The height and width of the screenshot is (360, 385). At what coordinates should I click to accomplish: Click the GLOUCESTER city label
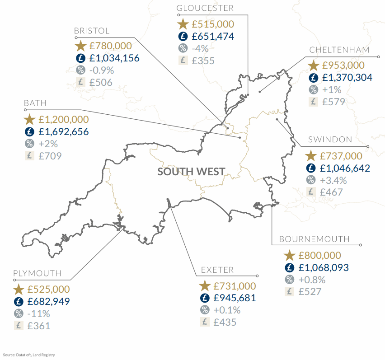pos(205,8)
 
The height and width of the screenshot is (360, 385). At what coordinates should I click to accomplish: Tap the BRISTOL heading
pos(92,31)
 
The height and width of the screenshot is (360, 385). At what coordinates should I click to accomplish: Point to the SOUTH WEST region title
pos(191,172)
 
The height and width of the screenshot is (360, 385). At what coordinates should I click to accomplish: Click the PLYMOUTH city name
pos(37,273)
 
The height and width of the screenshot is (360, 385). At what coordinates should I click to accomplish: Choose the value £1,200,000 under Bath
pos(64,120)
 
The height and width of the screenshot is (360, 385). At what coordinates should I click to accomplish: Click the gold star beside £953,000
pos(313,65)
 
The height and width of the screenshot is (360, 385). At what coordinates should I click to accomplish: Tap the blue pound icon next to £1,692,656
pos(29,132)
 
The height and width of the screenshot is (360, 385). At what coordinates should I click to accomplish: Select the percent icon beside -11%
pos(19,314)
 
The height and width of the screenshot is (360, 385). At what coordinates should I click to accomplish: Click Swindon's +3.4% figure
pos(333,180)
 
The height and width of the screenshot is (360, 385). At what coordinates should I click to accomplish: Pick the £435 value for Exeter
pos(225,322)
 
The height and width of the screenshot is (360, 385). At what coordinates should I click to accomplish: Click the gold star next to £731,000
pos(205,286)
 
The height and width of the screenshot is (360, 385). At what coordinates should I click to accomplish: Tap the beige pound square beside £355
pos(183,61)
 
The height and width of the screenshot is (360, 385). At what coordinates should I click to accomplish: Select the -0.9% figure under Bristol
pos(101,70)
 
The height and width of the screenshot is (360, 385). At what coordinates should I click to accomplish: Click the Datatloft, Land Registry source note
pos(29,355)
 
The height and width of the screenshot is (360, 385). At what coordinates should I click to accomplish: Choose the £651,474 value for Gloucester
pos(213,37)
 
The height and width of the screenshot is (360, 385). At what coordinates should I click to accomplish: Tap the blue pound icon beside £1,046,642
pos(310,168)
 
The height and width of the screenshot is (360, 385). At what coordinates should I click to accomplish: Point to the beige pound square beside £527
pos(289,291)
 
